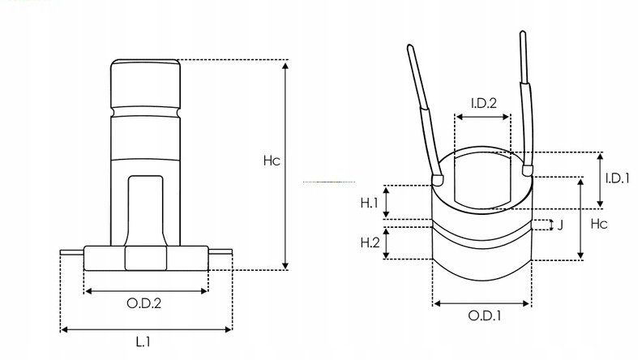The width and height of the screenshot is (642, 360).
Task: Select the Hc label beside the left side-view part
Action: point(271,161)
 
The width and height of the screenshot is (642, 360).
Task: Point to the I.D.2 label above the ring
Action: point(483,103)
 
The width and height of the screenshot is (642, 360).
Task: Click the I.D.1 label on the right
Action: point(618,178)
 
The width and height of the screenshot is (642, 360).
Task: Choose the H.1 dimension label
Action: point(370,203)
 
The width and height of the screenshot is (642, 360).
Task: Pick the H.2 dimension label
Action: point(370,242)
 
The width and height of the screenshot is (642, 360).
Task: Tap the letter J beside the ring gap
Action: point(559,225)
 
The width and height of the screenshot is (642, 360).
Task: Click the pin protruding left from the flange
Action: point(72,253)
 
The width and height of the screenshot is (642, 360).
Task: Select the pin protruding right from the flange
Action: point(220,253)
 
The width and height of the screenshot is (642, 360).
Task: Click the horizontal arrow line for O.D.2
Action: point(146,289)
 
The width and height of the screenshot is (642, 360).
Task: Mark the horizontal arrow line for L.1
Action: point(146,329)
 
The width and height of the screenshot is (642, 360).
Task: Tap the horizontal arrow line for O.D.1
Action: point(482,303)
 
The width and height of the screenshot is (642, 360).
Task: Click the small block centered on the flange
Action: point(145,259)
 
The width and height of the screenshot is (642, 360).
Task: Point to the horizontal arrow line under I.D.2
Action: point(483,117)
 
